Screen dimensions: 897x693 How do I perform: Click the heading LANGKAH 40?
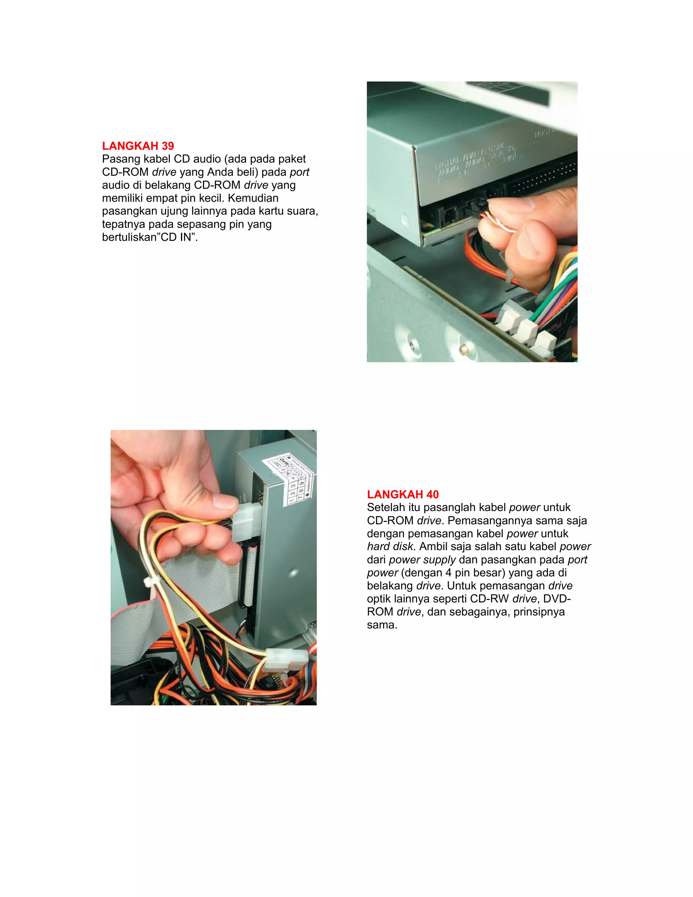click(402, 494)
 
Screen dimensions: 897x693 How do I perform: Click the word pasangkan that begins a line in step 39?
click(129, 211)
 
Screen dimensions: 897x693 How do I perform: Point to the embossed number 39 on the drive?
click(509, 149)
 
